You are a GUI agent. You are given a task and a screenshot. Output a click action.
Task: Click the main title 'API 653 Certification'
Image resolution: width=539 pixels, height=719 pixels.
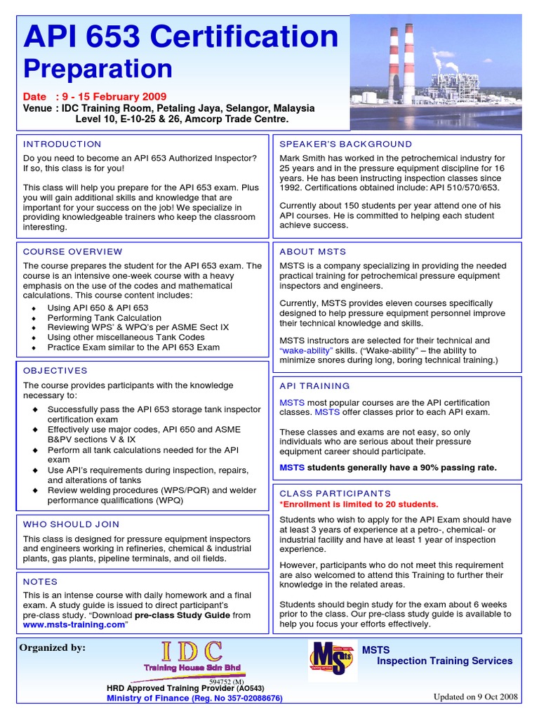pyautogui.click(x=181, y=38)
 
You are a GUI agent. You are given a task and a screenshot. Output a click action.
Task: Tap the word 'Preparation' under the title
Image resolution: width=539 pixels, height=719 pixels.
pyautogui.click(x=98, y=69)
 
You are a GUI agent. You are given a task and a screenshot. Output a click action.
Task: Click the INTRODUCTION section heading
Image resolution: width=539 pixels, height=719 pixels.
pyautogui.click(x=62, y=144)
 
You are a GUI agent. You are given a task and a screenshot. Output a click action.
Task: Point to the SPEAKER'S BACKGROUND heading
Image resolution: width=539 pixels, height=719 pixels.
pyautogui.click(x=346, y=144)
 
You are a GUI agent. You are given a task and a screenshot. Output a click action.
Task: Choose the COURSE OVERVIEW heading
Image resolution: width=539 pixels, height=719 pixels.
pyautogui.click(x=72, y=251)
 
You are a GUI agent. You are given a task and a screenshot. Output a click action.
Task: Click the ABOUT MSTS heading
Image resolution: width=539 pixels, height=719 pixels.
pyautogui.click(x=312, y=251)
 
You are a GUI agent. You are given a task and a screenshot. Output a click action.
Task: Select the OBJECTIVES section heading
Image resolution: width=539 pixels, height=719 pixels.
pyautogui.click(x=55, y=370)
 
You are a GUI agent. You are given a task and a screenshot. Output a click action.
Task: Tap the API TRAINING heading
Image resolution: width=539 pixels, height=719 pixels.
pyautogui.click(x=314, y=385)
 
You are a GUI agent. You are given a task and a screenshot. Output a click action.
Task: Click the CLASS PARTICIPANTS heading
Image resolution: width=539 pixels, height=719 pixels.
pyautogui.click(x=335, y=494)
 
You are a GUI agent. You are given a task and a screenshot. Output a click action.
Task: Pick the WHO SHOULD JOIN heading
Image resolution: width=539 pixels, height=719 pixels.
pyautogui.click(x=71, y=524)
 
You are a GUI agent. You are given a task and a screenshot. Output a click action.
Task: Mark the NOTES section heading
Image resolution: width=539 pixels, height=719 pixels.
pyautogui.click(x=40, y=581)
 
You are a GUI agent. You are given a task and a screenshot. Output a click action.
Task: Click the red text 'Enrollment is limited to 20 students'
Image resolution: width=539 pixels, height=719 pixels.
pyautogui.click(x=359, y=504)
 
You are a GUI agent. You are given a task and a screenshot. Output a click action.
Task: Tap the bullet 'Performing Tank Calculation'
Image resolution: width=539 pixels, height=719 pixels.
pyautogui.click(x=104, y=317)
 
